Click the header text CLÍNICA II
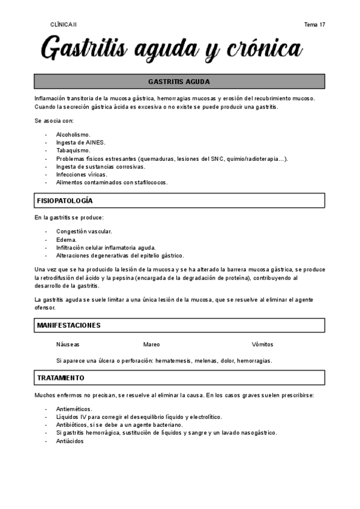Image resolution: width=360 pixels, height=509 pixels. [64, 25]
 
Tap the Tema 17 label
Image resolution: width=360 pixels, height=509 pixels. [315, 25]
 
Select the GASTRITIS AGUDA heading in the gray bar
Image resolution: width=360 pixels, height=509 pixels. [179, 82]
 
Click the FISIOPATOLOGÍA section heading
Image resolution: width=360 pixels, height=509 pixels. [65, 200]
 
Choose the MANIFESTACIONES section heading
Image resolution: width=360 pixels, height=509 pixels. [68, 325]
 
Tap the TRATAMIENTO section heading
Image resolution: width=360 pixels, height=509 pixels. [61, 378]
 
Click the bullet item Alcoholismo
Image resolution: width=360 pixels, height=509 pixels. [73, 134]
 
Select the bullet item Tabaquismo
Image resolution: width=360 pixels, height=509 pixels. [73, 151]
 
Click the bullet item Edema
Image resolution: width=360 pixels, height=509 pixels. [66, 239]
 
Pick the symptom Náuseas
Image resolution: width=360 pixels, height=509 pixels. [68, 345]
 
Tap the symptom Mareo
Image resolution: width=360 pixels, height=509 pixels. [152, 345]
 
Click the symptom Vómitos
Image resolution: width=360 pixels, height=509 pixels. [263, 345]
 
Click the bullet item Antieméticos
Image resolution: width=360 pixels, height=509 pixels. [74, 409]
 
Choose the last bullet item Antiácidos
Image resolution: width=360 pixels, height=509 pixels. [70, 441]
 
